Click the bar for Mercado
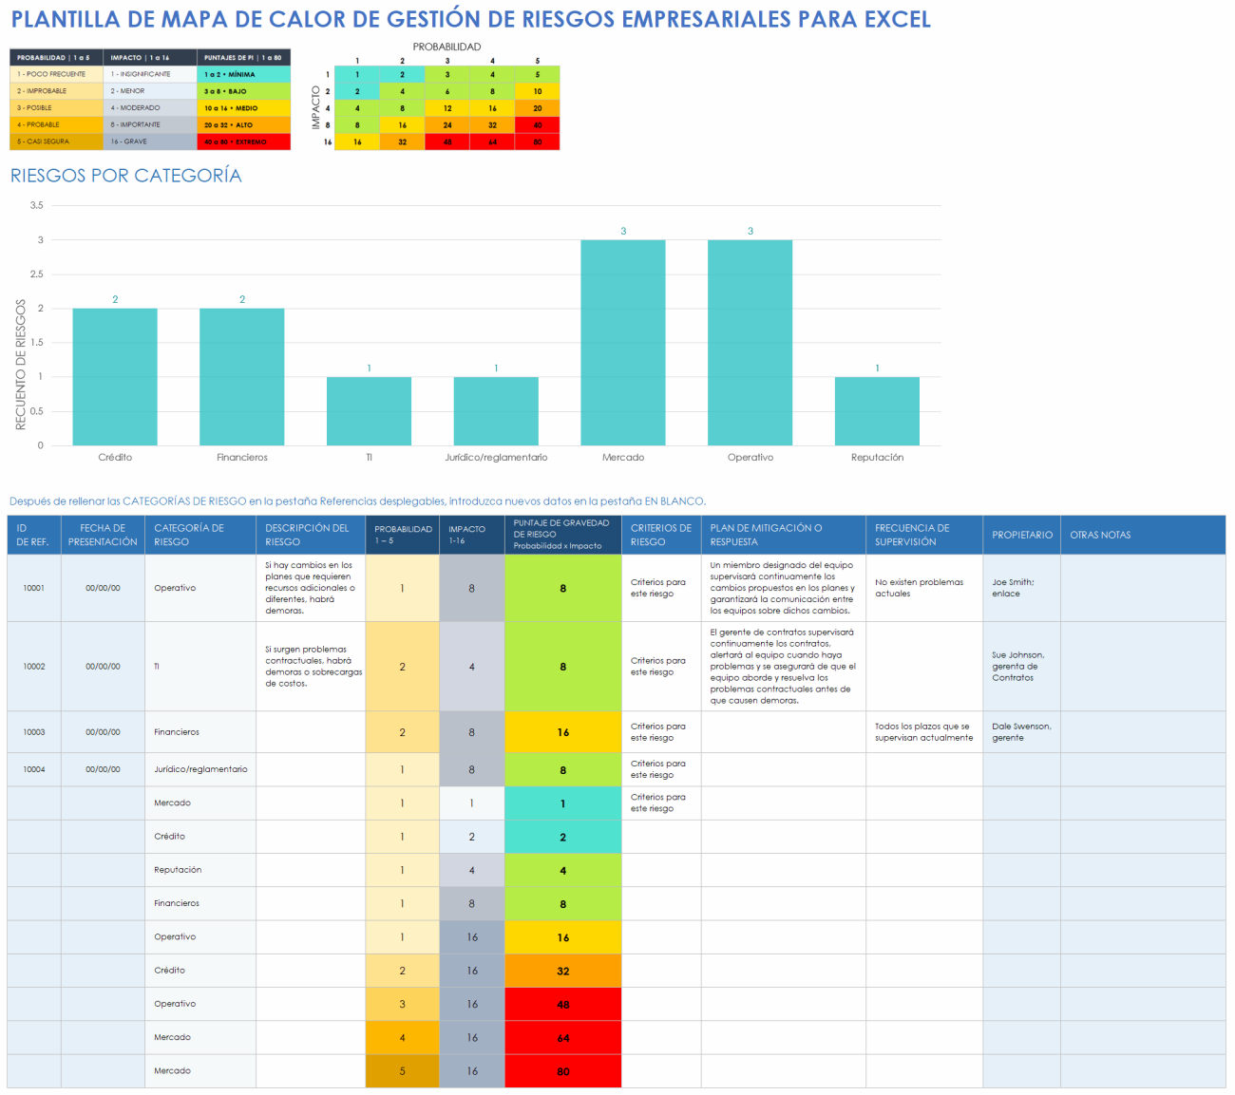(622, 342)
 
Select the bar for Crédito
(115, 377)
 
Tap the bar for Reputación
(877, 411)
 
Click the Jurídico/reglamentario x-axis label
(496, 458)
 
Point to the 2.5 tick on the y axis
(36, 274)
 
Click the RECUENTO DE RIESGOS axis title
(21, 365)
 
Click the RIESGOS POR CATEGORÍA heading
(126, 176)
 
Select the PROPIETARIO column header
(1022, 535)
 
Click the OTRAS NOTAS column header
(1100, 535)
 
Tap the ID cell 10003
(34, 732)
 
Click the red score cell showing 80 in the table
(562, 1071)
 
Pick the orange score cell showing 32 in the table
(562, 971)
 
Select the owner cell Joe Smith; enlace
(1013, 588)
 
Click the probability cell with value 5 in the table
(402, 1071)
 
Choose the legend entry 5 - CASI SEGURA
(55, 142)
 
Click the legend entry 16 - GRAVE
(148, 142)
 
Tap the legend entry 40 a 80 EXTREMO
(243, 142)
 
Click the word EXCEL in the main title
(897, 20)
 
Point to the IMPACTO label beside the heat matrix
(316, 107)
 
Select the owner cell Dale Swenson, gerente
(1020, 732)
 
